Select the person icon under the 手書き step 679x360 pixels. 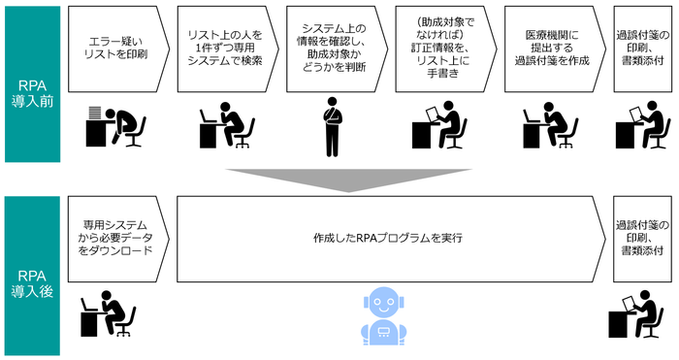[x=444, y=123]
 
